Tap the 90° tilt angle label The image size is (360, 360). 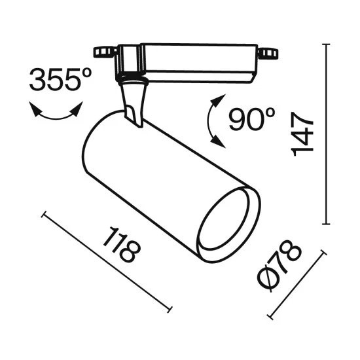coord(253,118)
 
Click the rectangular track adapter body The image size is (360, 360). coord(190,60)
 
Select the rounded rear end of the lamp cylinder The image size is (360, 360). coord(92,147)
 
